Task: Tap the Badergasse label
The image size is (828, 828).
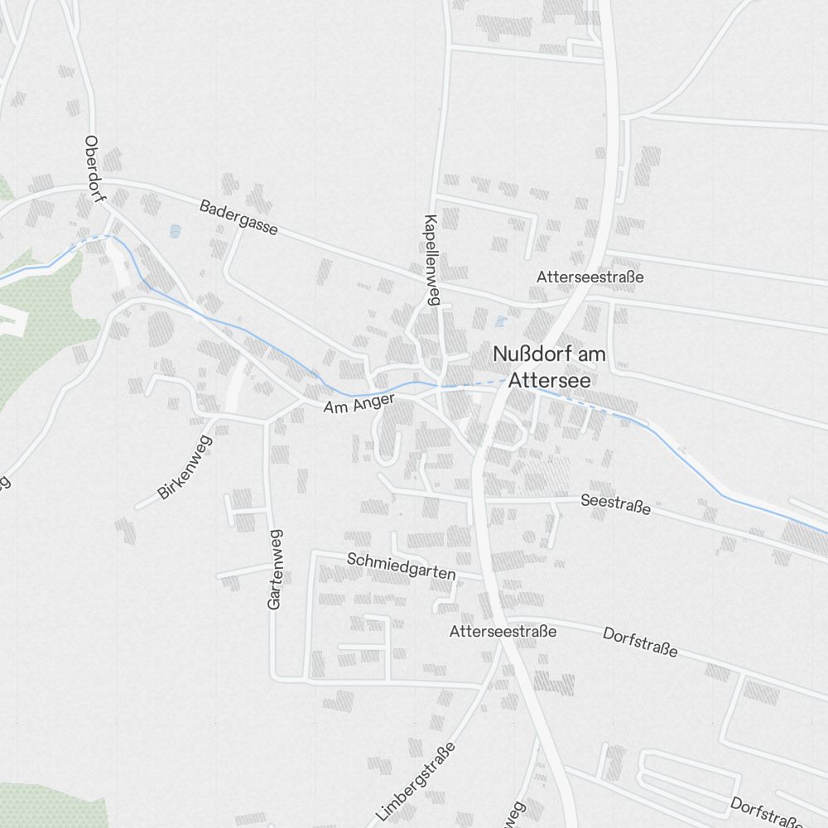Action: click(x=238, y=218)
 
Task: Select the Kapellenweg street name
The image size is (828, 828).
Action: click(x=431, y=260)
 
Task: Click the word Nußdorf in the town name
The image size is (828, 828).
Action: click(x=525, y=354)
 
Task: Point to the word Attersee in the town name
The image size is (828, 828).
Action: click(x=550, y=380)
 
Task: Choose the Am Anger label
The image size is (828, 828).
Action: click(x=359, y=404)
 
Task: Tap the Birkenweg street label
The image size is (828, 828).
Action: click(x=185, y=467)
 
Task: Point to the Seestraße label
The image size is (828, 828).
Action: click(x=615, y=504)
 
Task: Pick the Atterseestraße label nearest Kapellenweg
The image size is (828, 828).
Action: click(x=590, y=277)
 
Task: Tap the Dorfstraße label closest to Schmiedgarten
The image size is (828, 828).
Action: click(x=640, y=643)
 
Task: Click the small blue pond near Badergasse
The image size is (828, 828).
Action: click(x=175, y=231)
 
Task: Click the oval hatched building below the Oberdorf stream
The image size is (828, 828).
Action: click(x=159, y=329)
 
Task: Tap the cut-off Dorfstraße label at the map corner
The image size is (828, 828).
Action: click(x=767, y=811)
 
